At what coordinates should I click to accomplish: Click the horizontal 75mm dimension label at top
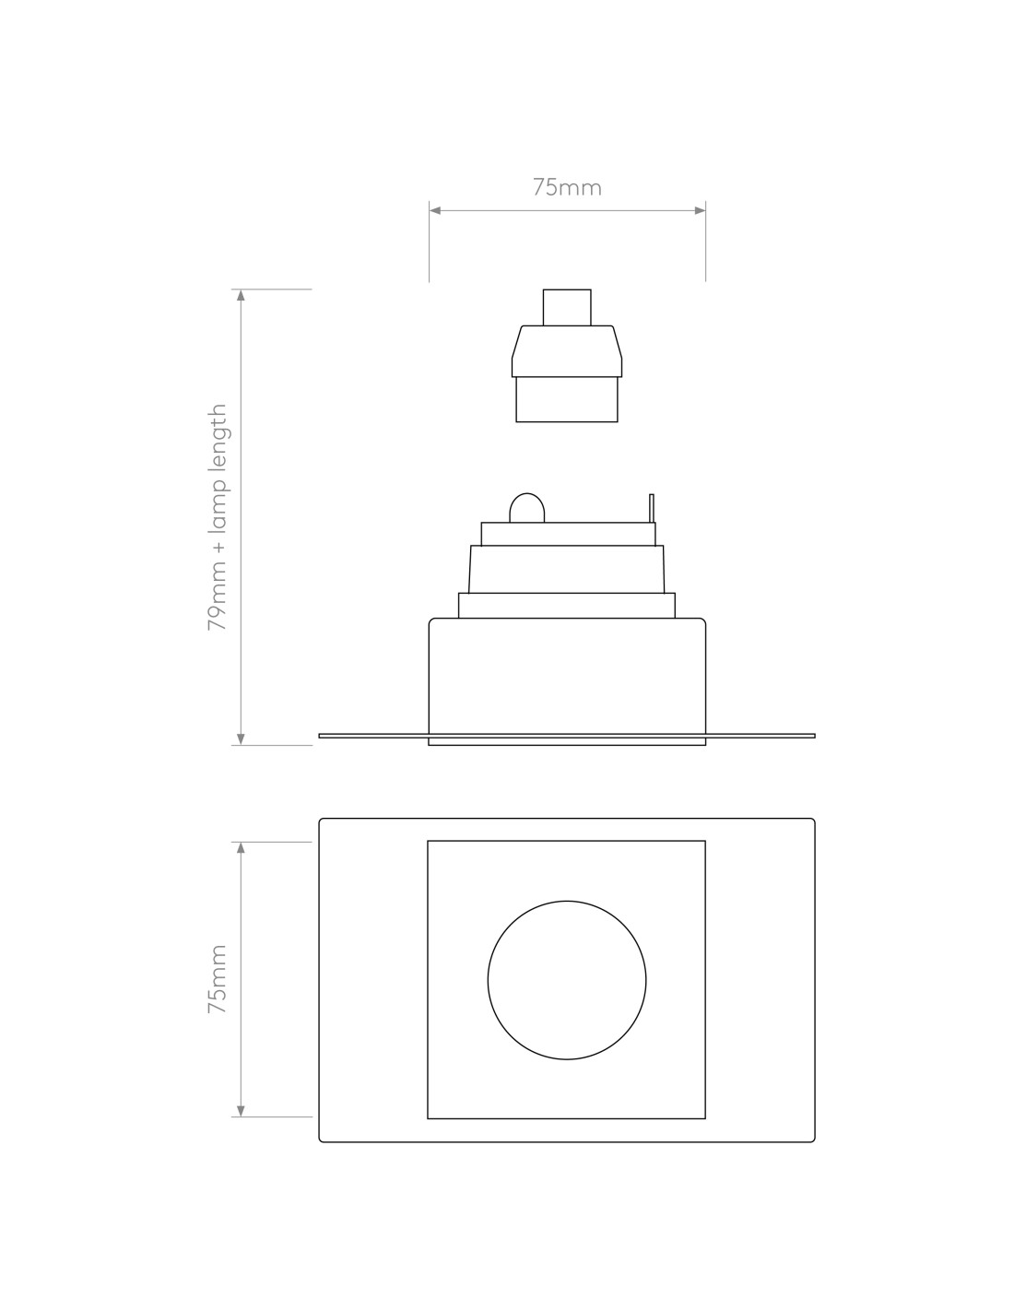pos(566,188)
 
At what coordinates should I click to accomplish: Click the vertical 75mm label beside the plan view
pos(217,978)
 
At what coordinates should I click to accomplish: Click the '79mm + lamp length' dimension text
pos(217,517)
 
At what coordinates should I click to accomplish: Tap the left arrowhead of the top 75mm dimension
pos(435,210)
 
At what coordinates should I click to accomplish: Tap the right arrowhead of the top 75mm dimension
pos(700,210)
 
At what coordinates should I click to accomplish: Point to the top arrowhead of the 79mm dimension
pos(241,295)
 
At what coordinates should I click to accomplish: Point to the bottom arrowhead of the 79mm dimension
pos(241,739)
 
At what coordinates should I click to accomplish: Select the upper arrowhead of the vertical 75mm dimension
pos(241,847)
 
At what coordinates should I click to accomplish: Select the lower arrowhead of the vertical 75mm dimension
pos(241,1111)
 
